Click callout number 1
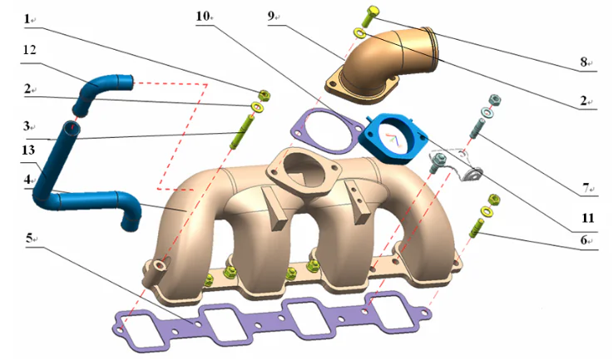pyautogui.click(x=27, y=17)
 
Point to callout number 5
pyautogui.click(x=30, y=238)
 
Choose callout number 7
pyautogui.click(x=586, y=188)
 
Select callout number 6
pyautogui.click(x=586, y=239)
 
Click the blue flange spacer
pyautogui.click(x=398, y=138)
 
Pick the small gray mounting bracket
pyautogui.click(x=456, y=163)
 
